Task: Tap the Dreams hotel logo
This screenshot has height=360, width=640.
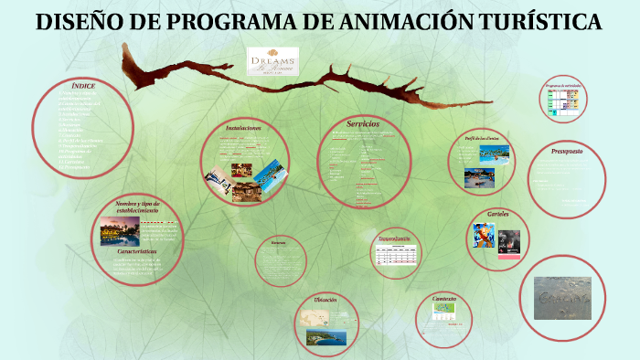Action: coord(272,63)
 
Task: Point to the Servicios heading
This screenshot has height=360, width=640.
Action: coord(363,123)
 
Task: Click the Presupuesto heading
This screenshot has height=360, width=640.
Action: coord(567,151)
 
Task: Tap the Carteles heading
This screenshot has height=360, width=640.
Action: coord(498,213)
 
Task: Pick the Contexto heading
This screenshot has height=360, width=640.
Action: coord(444,298)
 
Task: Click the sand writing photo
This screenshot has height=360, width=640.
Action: coord(562,298)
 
